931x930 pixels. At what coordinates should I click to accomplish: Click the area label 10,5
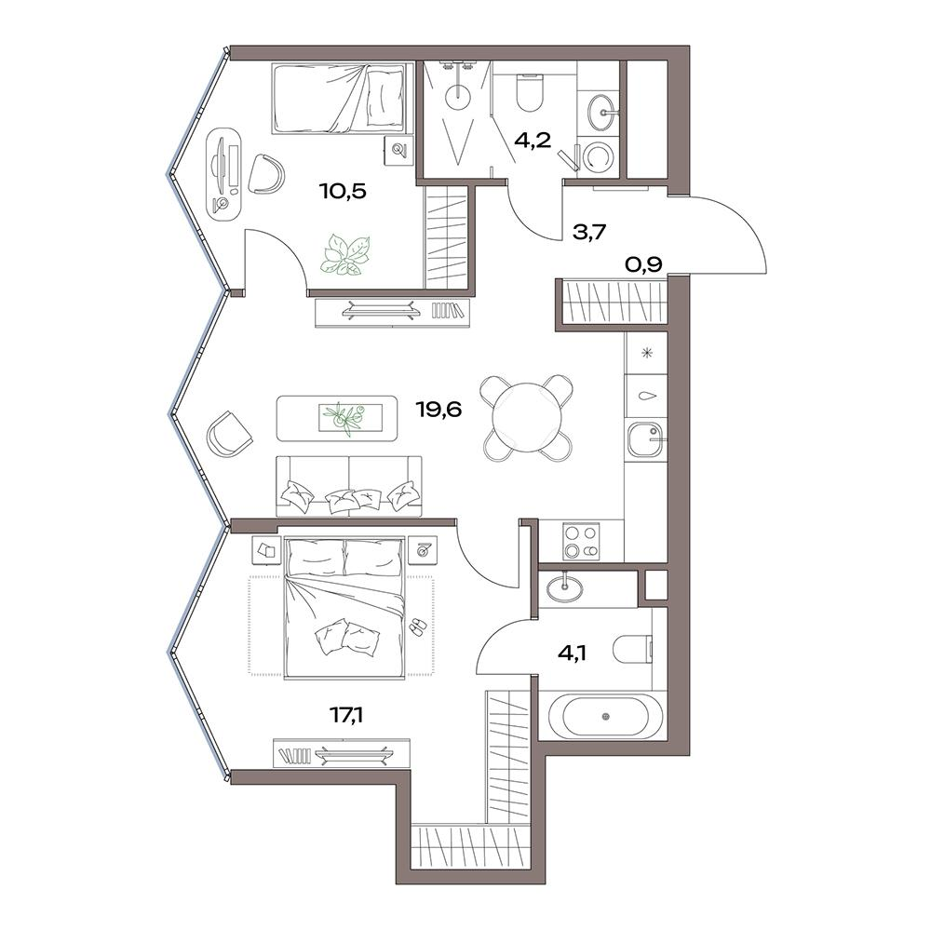pos(343,191)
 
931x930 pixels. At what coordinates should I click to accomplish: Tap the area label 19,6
pos(439,410)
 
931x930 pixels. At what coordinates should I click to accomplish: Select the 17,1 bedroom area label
pos(346,716)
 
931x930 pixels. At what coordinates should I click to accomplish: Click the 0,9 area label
pos(643,263)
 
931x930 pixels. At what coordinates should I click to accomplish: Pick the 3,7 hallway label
pos(588,232)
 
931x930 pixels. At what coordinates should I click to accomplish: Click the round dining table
pos(528,417)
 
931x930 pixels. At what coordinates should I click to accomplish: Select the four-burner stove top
pos(581,541)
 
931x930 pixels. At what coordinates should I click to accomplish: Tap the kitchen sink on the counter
pos(645,439)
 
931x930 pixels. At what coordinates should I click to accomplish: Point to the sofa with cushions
pos(349,486)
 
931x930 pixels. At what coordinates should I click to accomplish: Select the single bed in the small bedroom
pos(343,100)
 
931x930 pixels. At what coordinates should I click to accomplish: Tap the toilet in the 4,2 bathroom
pos(530,92)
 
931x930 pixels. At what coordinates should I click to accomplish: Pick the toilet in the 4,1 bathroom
pos(633,650)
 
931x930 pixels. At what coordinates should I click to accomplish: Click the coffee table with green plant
pos(337,418)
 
